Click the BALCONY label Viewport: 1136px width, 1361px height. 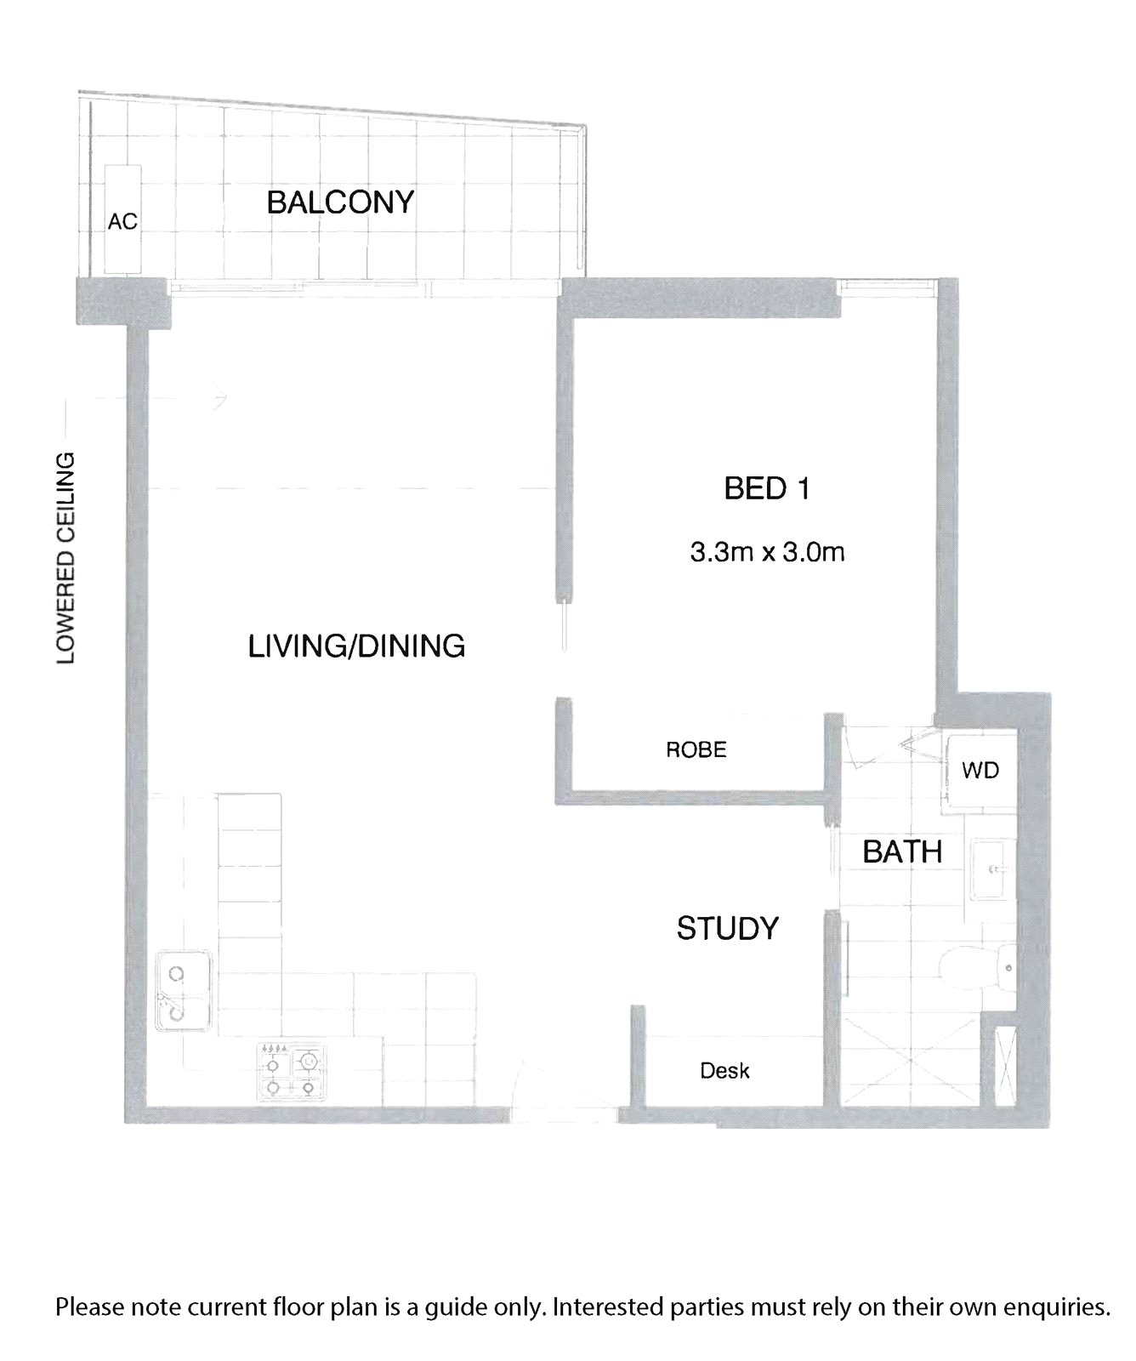[x=340, y=202]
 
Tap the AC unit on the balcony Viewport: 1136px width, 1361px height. [x=122, y=219]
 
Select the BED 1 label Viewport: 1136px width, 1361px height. [x=766, y=489]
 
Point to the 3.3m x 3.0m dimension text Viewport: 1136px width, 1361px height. [x=767, y=553]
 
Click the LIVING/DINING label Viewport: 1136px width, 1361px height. [x=356, y=646]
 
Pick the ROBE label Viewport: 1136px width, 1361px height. [x=696, y=749]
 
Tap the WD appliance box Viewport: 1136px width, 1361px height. [x=980, y=771]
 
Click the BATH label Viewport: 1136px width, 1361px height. [x=902, y=851]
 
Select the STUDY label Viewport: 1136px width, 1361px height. [x=728, y=928]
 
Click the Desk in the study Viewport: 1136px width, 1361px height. [x=725, y=1071]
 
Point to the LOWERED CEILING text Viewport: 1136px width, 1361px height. [x=66, y=558]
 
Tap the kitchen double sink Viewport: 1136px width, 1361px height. [x=184, y=991]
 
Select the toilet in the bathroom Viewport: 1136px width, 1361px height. [x=980, y=968]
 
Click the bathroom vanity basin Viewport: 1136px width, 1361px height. [x=991, y=869]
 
